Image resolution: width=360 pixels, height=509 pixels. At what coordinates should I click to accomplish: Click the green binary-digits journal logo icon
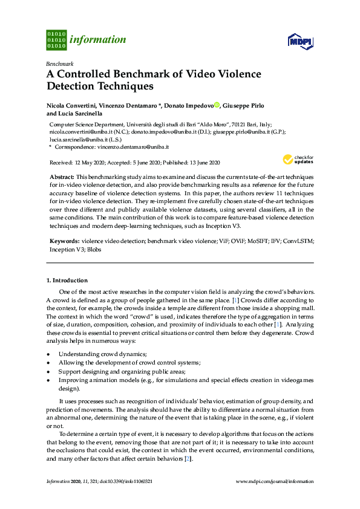[x=56, y=39]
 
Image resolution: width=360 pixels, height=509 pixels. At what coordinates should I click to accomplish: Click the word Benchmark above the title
[x=59, y=63]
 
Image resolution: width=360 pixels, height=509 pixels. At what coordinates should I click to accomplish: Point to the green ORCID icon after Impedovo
[x=218, y=105]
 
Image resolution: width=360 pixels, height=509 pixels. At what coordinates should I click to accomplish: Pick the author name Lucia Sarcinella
[x=81, y=113]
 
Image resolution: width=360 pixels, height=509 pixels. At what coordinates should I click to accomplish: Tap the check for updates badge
[x=297, y=160]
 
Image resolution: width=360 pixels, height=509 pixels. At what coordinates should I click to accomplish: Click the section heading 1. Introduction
[x=67, y=280]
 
